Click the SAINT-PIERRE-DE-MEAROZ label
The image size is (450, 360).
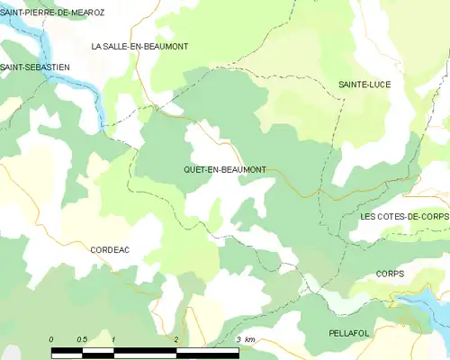52,13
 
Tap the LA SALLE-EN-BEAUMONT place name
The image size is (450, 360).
139,46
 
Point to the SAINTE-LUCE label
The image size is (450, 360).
364,84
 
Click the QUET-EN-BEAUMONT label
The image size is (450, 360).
223,169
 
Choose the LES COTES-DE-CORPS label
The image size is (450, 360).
403,217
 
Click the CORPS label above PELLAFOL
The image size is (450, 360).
390,274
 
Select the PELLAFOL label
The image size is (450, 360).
351,332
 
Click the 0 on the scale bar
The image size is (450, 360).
51,339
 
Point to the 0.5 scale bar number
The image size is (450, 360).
82,339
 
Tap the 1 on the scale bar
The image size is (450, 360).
113,339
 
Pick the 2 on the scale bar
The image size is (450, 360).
175,339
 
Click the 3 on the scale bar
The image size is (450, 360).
238,339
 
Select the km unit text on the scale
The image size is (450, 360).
250,339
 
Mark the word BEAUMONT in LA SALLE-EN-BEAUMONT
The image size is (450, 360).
163,46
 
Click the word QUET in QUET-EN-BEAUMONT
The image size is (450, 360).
194,169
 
